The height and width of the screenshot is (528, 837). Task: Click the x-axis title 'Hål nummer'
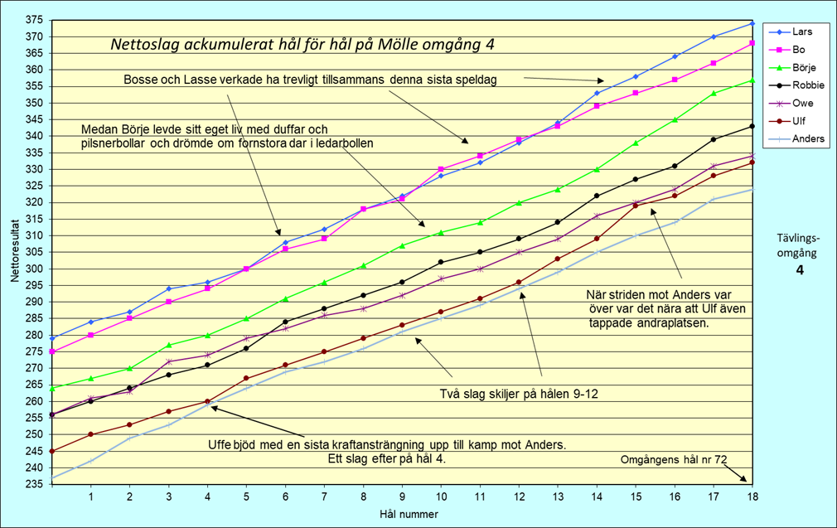pos(402,514)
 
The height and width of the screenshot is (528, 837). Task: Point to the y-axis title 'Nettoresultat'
pos(14,251)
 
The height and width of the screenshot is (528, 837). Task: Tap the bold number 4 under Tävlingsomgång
pos(800,270)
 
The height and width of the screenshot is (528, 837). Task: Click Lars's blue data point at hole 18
pos(751,23)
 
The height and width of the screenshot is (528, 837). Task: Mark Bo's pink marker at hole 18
pos(751,43)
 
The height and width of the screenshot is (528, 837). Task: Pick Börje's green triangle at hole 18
pos(751,80)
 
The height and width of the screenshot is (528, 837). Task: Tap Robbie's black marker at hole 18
pos(751,126)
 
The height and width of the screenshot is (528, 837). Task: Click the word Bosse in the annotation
pos(140,80)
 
